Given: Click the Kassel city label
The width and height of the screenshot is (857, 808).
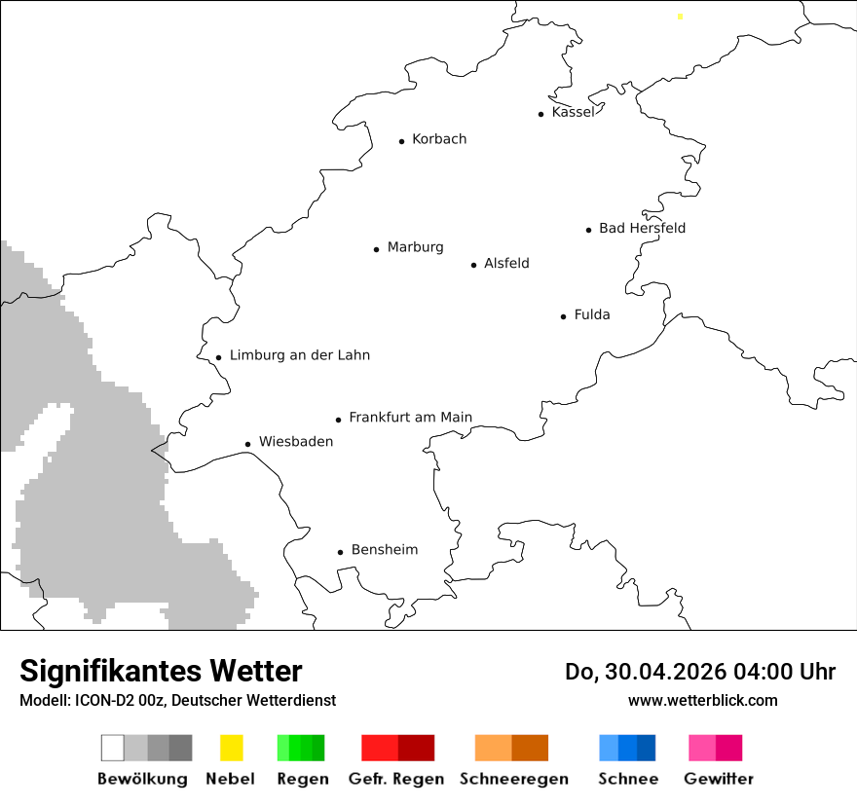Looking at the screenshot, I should pyautogui.click(x=573, y=112).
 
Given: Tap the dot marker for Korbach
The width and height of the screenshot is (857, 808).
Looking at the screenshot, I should pyautogui.click(x=401, y=141).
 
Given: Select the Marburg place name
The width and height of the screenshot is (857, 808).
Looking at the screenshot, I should pyautogui.click(x=415, y=247).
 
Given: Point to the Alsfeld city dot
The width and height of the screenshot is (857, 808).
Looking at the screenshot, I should pyautogui.click(x=474, y=265).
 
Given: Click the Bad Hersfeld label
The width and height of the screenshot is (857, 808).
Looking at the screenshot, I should pyautogui.click(x=642, y=228).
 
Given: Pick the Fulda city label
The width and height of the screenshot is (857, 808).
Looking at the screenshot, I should pyautogui.click(x=592, y=314).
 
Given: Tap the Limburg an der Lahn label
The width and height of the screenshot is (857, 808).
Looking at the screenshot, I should pyautogui.click(x=299, y=355).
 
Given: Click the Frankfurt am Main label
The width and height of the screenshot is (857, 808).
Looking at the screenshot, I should pyautogui.click(x=410, y=418).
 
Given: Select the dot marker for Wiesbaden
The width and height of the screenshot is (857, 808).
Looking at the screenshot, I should pyautogui.click(x=248, y=444).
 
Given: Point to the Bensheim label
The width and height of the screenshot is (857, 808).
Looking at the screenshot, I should pyautogui.click(x=384, y=550).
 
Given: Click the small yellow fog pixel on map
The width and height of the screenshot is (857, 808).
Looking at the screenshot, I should pyautogui.click(x=680, y=16).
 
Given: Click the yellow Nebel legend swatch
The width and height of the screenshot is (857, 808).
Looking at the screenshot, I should pyautogui.click(x=231, y=748).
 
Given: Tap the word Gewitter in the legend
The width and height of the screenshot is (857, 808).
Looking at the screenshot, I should pyautogui.click(x=718, y=779).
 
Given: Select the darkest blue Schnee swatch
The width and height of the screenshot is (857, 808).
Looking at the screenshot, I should pyautogui.click(x=647, y=748).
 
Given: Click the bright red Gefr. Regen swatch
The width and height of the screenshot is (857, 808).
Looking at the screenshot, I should pyautogui.click(x=379, y=748).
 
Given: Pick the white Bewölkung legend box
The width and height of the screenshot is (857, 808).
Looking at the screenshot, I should pyautogui.click(x=113, y=748).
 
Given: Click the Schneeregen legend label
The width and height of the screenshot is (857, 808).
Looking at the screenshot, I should pyautogui.click(x=513, y=779).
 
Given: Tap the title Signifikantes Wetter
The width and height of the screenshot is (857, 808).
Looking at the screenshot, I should pyautogui.click(x=161, y=672).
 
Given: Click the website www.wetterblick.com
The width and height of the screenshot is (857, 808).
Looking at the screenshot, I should pyautogui.click(x=702, y=701).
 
